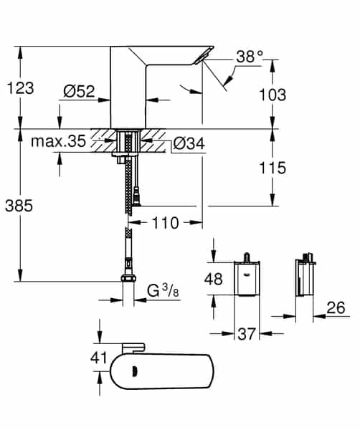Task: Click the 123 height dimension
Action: (x=20, y=87)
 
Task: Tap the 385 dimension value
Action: (x=20, y=205)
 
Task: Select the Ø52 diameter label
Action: (x=79, y=91)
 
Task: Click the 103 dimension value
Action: (x=272, y=95)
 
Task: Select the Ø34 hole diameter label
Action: (x=189, y=144)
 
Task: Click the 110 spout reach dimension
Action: (x=165, y=223)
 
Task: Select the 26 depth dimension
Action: (x=336, y=308)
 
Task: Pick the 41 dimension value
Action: (x=99, y=356)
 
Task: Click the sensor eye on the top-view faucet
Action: (x=136, y=372)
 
